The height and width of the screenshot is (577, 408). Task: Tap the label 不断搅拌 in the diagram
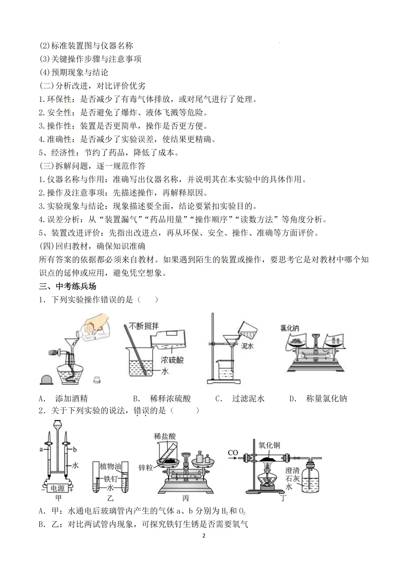tap(144, 326)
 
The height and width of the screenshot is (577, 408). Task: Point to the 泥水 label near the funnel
tap(247, 345)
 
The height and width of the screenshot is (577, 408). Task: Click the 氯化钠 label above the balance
tap(290, 328)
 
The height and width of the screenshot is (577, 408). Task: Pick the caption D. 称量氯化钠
tap(318, 398)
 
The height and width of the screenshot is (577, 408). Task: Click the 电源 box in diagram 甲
tap(57, 488)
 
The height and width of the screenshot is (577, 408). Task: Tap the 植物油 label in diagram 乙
tap(110, 466)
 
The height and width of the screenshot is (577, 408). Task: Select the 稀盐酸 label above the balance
tap(165, 436)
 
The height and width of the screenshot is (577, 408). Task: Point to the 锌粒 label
tap(145, 468)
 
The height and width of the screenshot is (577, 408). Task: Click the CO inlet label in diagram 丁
tap(233, 453)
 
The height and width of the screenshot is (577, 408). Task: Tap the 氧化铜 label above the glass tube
tap(269, 445)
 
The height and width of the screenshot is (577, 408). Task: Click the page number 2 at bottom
tap(204, 535)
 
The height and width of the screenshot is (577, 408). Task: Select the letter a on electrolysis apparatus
tap(41, 449)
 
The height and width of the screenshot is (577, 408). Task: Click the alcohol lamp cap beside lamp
tap(48, 379)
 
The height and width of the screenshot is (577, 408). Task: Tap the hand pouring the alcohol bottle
tap(95, 322)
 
